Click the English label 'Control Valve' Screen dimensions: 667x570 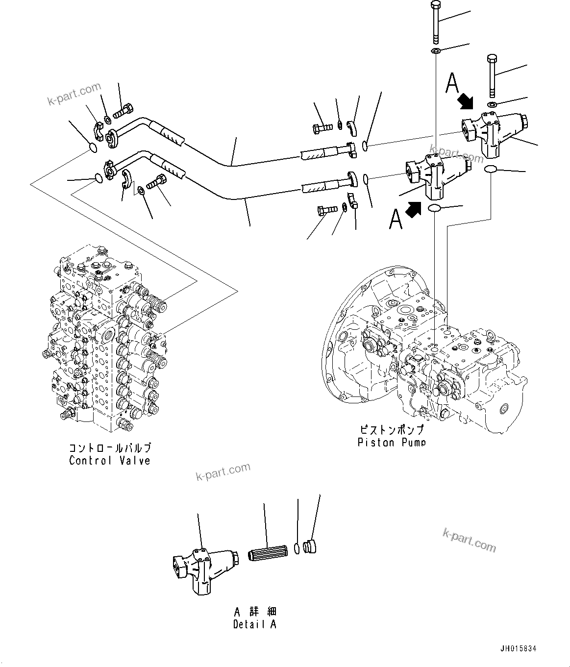tap(110, 461)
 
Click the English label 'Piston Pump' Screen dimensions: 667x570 tap(391, 443)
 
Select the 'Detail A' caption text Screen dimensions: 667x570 tap(254, 624)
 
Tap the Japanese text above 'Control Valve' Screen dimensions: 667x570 tap(110, 448)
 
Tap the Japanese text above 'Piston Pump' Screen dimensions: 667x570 tap(391, 430)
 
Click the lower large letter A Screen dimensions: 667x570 tap(396, 219)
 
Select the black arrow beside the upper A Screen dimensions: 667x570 tap(466, 102)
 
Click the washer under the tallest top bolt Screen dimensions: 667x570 tap(436, 51)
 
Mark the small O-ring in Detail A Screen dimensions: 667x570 tap(297, 548)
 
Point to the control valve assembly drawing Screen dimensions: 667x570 tap(105, 343)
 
